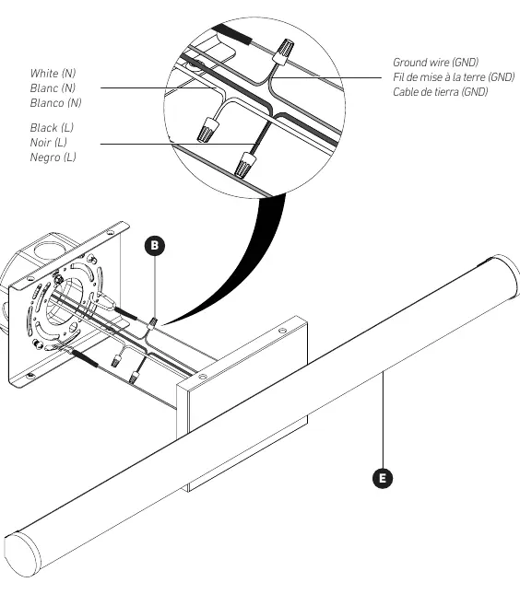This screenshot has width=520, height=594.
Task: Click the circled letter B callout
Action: (154, 246)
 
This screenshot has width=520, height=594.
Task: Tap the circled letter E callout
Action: (383, 478)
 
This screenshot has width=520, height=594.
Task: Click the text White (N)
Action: (53, 73)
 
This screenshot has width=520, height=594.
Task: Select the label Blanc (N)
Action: (53, 87)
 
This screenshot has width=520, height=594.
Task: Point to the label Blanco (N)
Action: (55, 102)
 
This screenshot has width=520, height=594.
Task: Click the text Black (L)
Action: (52, 128)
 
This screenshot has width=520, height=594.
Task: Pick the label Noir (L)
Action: (49, 143)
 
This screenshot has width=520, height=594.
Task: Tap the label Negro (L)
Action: (53, 157)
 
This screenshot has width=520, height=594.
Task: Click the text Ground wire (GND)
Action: (436, 62)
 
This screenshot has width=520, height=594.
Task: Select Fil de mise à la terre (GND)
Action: (454, 77)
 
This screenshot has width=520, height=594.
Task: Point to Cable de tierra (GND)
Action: (441, 92)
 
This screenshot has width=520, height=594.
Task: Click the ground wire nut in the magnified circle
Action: (283, 51)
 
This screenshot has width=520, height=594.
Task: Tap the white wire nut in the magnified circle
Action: (207, 129)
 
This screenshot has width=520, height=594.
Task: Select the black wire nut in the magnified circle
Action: (245, 165)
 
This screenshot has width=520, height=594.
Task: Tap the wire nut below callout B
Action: (152, 323)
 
